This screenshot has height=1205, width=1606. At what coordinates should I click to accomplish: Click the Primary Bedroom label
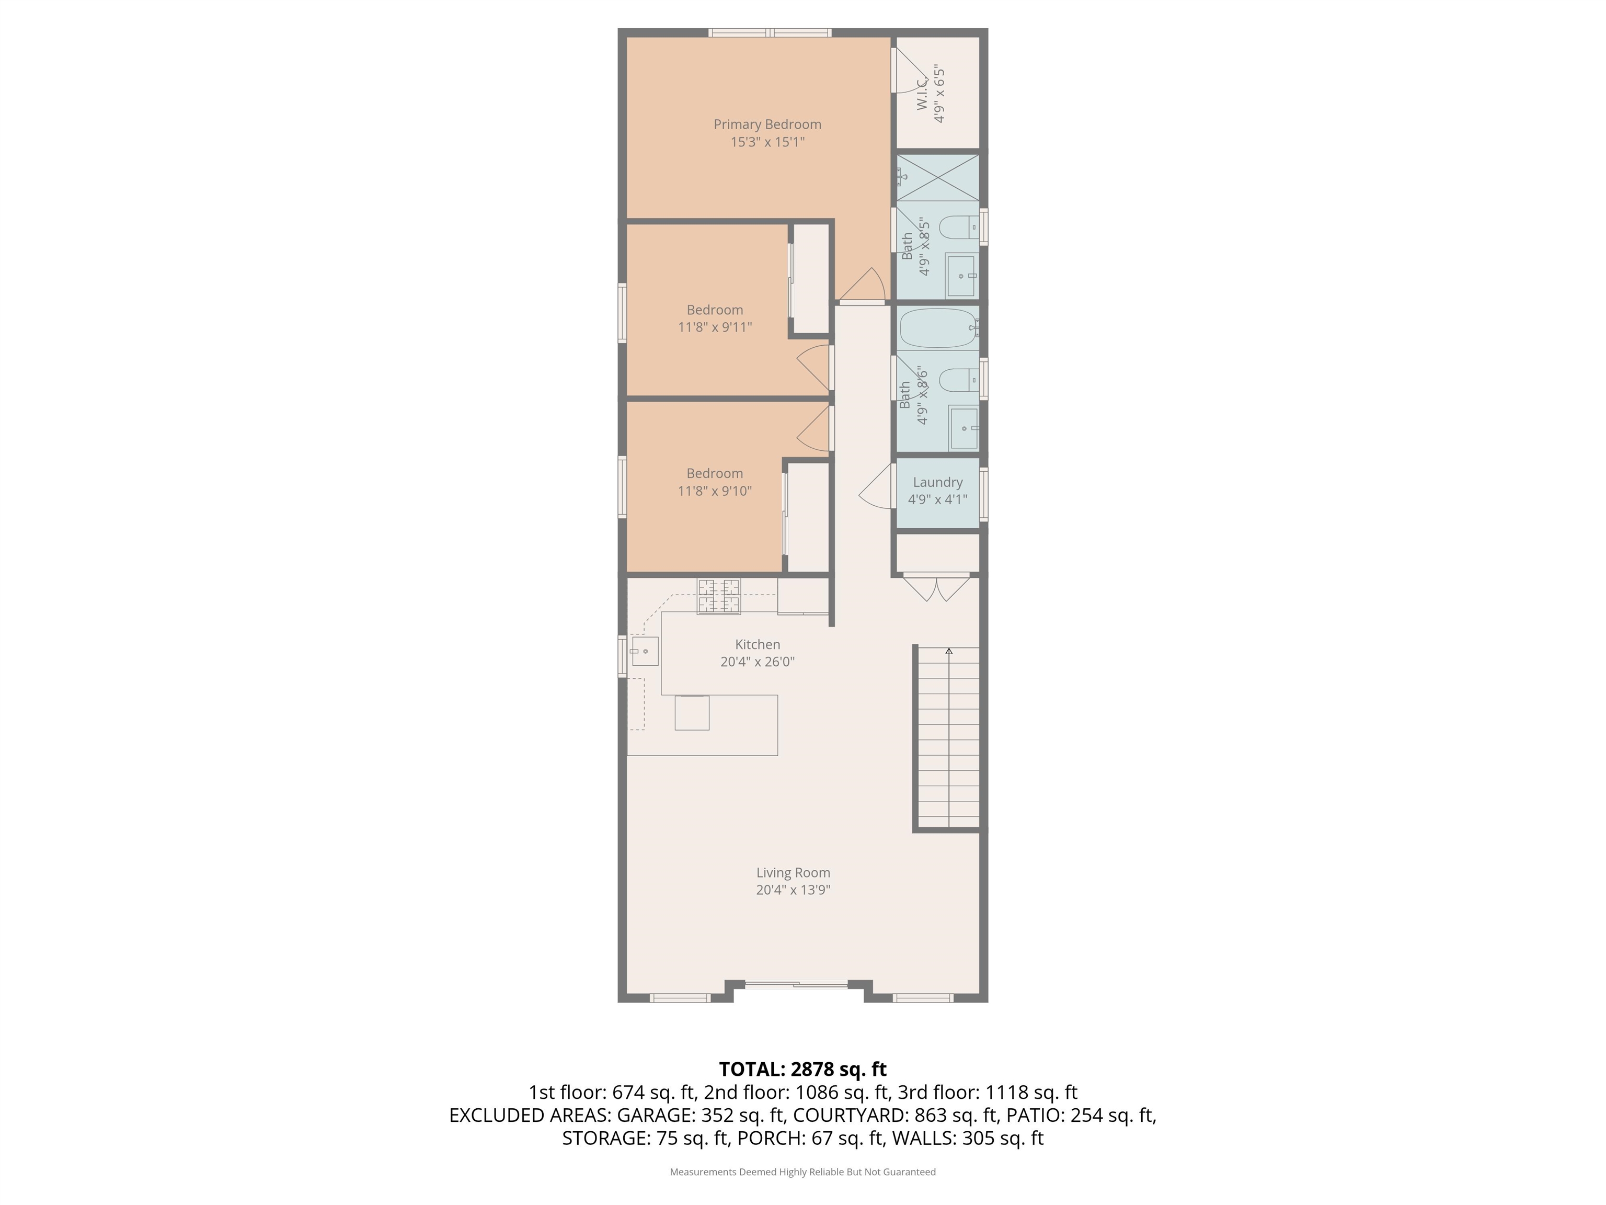[x=767, y=124]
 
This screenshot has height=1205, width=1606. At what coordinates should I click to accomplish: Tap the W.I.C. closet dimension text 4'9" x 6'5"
[x=939, y=95]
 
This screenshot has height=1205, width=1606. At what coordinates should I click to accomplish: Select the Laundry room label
[x=937, y=482]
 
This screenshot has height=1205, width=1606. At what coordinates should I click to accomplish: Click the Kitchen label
[x=758, y=644]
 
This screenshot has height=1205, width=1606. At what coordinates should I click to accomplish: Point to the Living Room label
[x=793, y=872]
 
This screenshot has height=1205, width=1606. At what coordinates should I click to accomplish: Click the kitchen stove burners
[x=719, y=596]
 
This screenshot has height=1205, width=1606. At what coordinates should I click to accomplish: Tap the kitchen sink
[x=645, y=652]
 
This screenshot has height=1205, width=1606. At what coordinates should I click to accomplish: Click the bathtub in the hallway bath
[x=939, y=328]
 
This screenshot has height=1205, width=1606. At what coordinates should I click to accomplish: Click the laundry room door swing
[x=876, y=486]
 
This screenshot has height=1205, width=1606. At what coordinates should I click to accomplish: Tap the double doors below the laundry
[x=937, y=588]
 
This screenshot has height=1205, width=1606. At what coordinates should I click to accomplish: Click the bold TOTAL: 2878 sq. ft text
[x=802, y=1069]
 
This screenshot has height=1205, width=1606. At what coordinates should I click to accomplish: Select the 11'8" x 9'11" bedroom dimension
[x=715, y=327]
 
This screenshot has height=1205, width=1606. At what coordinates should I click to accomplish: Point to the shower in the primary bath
[x=938, y=177]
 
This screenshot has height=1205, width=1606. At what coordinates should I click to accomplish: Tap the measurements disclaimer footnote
[x=802, y=1172]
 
